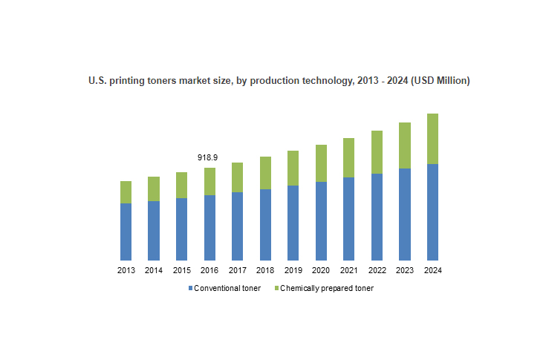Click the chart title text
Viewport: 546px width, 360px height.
(279, 81)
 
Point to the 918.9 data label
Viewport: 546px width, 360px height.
(207, 158)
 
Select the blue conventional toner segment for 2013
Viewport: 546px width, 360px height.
(126, 231)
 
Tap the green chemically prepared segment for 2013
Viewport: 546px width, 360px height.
(126, 192)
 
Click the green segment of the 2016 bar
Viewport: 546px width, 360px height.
(209, 181)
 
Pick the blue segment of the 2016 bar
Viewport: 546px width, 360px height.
(209, 227)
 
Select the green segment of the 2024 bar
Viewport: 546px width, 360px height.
(432, 139)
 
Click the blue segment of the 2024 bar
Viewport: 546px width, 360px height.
(432, 212)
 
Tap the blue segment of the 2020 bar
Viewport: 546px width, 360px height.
(321, 220)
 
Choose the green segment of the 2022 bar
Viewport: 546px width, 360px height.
(377, 152)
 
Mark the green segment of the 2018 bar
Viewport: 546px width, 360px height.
(265, 173)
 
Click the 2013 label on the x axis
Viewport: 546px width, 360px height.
(126, 270)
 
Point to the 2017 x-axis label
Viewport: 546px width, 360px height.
(237, 270)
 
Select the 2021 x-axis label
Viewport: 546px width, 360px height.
(348, 270)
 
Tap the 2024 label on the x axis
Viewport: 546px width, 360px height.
(432, 270)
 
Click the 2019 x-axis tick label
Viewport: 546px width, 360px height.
(293, 270)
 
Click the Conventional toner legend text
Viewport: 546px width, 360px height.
(227, 288)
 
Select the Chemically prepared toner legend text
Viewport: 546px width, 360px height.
(327, 288)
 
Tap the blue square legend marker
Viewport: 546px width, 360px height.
(190, 288)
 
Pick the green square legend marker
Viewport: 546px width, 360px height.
(276, 288)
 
